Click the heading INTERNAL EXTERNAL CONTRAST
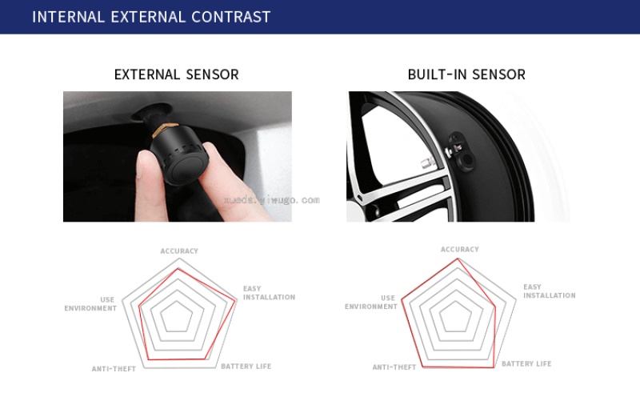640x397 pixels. click(151, 17)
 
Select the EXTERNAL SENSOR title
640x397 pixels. click(176, 74)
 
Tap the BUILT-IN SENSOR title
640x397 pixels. click(466, 74)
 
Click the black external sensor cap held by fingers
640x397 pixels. click(180, 153)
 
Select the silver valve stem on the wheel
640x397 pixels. click(429, 163)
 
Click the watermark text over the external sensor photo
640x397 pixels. click(272, 200)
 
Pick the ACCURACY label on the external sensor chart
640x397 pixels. click(179, 251)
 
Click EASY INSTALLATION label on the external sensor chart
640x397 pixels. click(269, 293)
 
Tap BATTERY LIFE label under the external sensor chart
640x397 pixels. click(246, 367)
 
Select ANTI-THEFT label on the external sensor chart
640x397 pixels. click(114, 369)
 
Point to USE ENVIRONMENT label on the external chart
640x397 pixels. click(90, 304)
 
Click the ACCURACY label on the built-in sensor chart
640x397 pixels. click(459, 249)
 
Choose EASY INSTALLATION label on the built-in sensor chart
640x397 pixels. click(550, 291)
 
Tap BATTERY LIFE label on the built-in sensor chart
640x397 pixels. click(526, 363)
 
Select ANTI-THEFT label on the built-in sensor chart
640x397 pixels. click(394, 367)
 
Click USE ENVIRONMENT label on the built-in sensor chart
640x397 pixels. click(371, 303)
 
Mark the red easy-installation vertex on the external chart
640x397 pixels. click(236, 301)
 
